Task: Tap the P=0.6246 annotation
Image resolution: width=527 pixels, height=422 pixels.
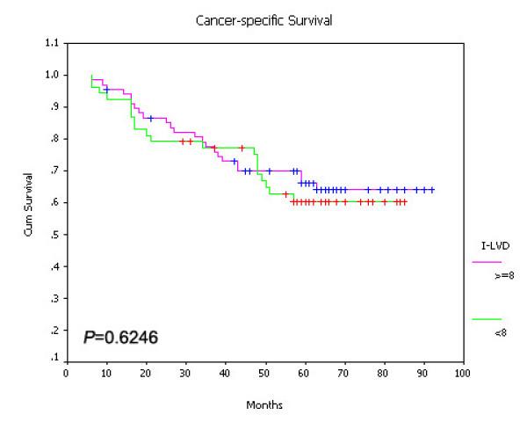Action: pyautogui.click(x=120, y=336)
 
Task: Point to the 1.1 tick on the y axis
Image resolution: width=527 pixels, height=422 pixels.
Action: pyautogui.click(x=54, y=42)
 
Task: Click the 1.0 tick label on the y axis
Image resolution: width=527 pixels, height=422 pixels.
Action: pyautogui.click(x=54, y=75)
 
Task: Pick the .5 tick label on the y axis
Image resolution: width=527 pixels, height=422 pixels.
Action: pyautogui.click(x=56, y=235)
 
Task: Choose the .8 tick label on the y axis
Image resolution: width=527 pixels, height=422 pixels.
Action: pyautogui.click(x=56, y=139)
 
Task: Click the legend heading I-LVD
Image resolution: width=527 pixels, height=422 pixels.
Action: pyautogui.click(x=486, y=249)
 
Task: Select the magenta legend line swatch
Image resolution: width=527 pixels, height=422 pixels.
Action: pyautogui.click(x=487, y=262)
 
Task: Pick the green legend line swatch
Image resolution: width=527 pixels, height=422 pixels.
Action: pyautogui.click(x=487, y=319)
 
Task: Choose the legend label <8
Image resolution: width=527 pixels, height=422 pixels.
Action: pyautogui.click(x=493, y=332)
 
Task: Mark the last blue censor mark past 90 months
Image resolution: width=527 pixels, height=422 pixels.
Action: pyautogui.click(x=432, y=190)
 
